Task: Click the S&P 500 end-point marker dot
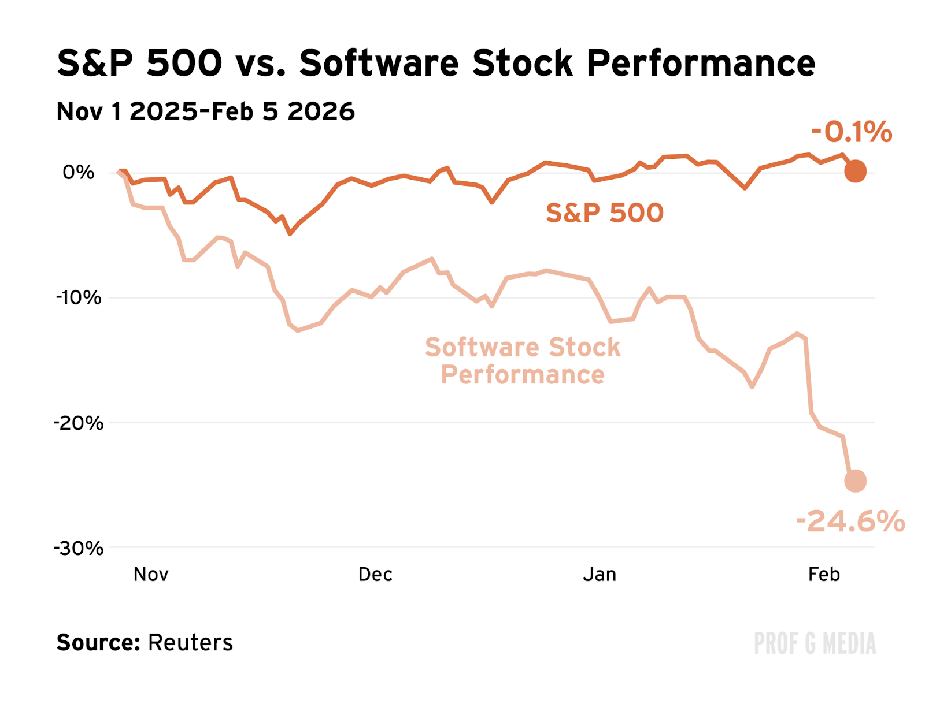pos(855,171)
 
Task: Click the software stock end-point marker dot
pos(855,480)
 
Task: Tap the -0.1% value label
pos(852,132)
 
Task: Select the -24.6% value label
pos(850,522)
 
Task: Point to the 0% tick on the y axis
pos(78,172)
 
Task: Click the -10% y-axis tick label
pos(78,298)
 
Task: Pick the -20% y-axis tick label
pos(78,423)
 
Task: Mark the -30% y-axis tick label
pos(78,548)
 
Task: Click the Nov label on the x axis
pos(151,575)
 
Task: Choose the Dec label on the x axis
pos(375,575)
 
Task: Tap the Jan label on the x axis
pos(600,575)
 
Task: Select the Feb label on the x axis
pos(824,575)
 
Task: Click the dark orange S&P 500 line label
pos(604,213)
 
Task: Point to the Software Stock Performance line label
pos(523,361)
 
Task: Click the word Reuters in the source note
pos(190,643)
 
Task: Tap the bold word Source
pos(98,643)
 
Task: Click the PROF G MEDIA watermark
pos(815,643)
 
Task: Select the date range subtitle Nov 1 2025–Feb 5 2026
pos(205,111)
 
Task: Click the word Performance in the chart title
pos(701,63)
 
